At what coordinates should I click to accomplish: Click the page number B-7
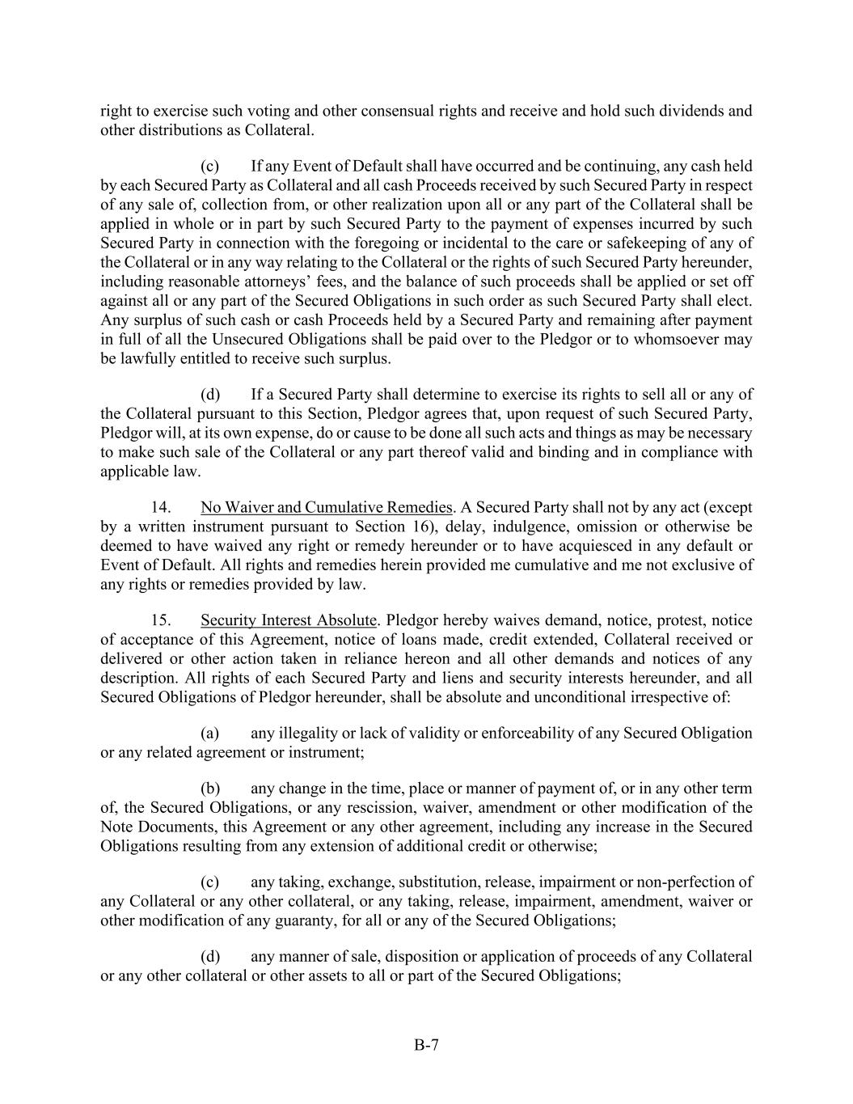tap(426, 1045)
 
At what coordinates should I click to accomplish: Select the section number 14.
tap(161, 508)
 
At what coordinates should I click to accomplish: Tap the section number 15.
tap(161, 620)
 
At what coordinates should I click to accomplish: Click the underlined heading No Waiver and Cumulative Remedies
tap(326, 508)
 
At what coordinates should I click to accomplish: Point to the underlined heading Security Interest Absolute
tap(289, 620)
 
